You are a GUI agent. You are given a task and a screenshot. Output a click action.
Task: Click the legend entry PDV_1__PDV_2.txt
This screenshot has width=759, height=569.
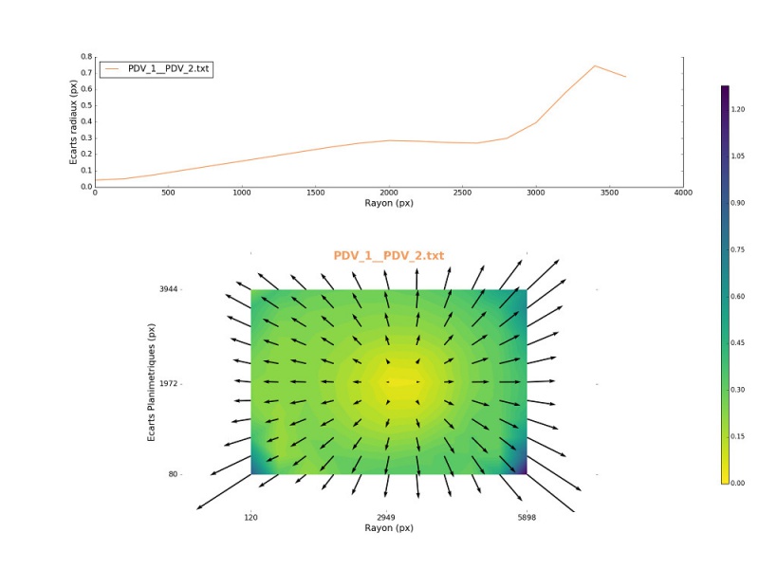click(169, 68)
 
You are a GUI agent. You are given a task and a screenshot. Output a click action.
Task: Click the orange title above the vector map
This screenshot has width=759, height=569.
click(388, 256)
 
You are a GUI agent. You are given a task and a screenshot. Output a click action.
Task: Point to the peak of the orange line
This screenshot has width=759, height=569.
click(595, 65)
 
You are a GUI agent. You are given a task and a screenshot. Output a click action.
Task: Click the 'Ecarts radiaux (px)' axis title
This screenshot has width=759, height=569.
click(74, 121)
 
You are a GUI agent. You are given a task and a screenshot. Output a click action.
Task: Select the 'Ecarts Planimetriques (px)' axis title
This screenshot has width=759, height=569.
click(151, 381)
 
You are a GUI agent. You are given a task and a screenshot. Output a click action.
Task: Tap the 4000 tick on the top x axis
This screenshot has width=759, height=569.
click(682, 193)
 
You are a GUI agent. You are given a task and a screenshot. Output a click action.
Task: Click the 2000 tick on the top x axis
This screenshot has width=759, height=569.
click(388, 193)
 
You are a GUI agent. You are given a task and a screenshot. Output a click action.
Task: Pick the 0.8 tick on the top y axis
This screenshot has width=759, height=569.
click(87, 57)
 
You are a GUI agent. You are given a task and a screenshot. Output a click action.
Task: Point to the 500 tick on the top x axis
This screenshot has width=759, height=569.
click(168, 193)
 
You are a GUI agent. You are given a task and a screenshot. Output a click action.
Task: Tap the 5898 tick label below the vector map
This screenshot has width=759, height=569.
click(526, 518)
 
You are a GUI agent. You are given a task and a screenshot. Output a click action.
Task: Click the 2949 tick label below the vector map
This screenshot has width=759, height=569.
click(388, 518)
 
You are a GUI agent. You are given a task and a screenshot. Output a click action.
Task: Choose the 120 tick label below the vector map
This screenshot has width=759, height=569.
click(250, 518)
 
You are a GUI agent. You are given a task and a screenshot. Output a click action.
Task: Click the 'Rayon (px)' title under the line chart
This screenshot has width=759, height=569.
click(388, 203)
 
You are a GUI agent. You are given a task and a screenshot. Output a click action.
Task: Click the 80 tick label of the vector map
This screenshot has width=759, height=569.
click(173, 474)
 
